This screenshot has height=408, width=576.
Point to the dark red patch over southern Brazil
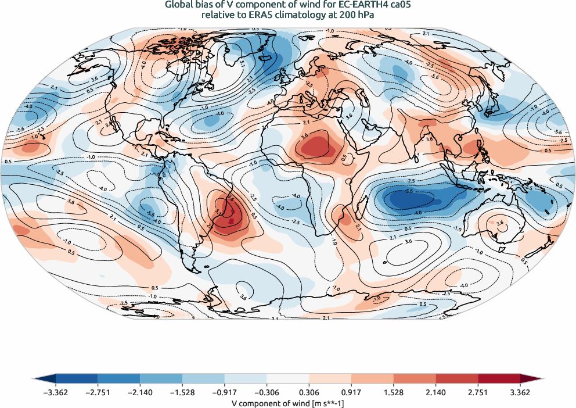pyautogui.click(x=231, y=219)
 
